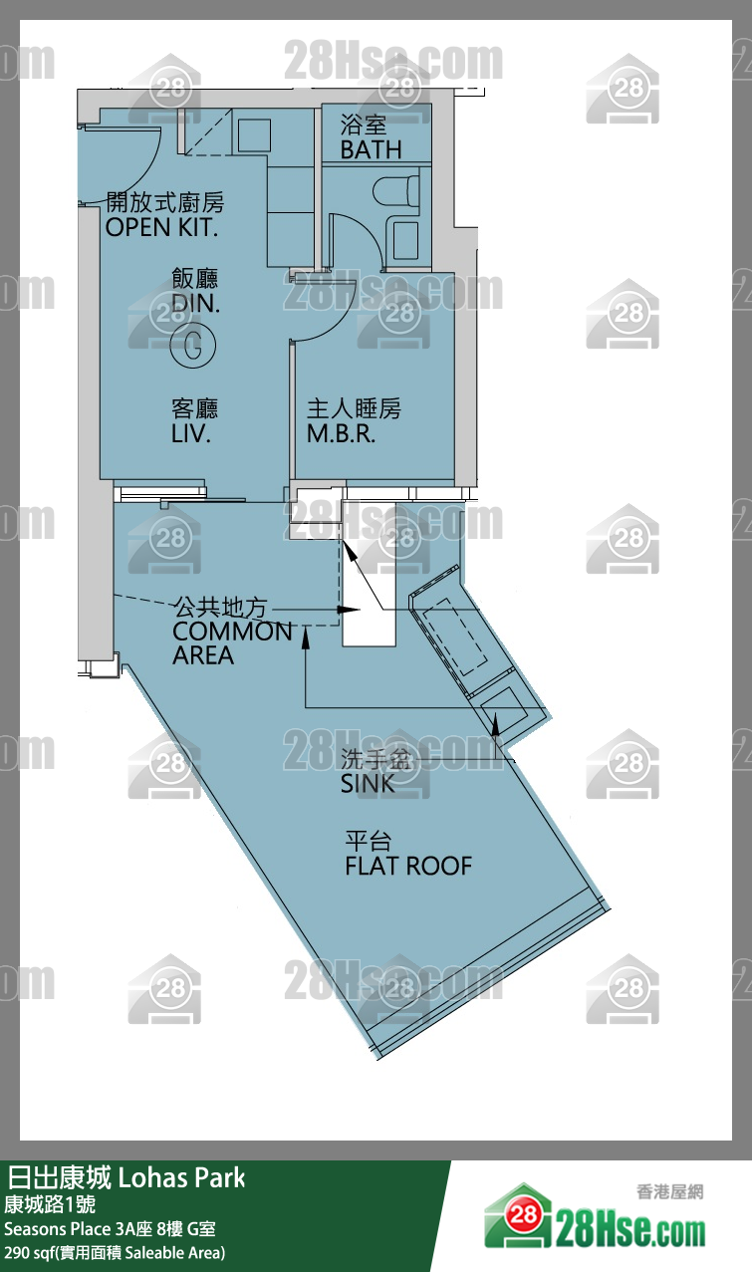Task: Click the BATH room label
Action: coord(371,149)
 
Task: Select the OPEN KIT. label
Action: coord(163,227)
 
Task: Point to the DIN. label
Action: coord(195,303)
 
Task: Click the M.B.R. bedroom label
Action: coord(341,434)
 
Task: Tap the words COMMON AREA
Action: coord(232,642)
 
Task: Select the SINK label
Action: coord(368,784)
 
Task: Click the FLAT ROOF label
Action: coord(408,866)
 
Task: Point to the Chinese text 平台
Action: coord(368,841)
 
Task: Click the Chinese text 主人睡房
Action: coord(354,408)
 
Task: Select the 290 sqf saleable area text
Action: coord(115,1252)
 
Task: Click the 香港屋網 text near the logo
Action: coord(669,1190)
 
